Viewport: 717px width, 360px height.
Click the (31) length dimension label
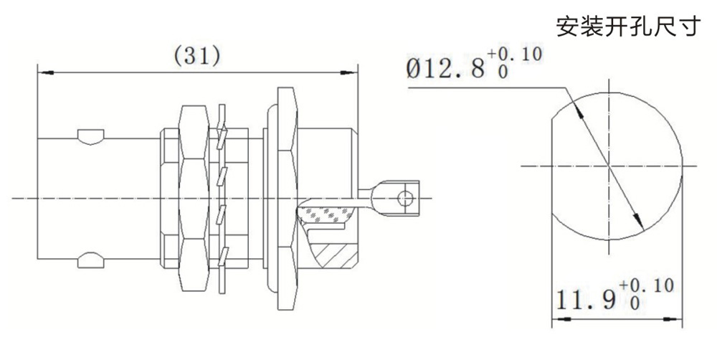pyautogui.click(x=198, y=56)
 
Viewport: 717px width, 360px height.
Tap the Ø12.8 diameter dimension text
pyautogui.click(x=445, y=70)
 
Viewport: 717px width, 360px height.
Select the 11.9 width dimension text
pyautogui.click(x=585, y=300)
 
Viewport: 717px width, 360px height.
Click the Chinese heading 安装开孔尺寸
pyautogui.click(x=628, y=26)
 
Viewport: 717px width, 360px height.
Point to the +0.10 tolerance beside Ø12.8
pyautogui.click(x=514, y=55)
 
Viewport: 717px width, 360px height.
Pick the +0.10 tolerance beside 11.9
pyautogui.click(x=646, y=286)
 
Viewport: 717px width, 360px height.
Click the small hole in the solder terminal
pyautogui.click(x=405, y=198)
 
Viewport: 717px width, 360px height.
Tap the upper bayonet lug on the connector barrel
pyautogui.click(x=90, y=137)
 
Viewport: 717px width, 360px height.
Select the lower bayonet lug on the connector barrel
pyautogui.click(x=90, y=260)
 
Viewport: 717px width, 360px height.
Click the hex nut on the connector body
pyautogui.click(x=194, y=198)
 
